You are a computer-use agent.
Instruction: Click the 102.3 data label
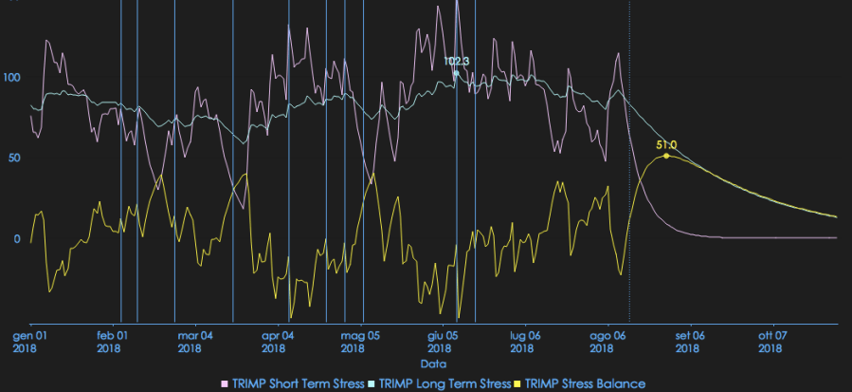457,61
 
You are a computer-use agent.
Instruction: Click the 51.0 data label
666,144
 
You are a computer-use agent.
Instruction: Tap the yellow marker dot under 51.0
666,155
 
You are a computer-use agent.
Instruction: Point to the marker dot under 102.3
456,73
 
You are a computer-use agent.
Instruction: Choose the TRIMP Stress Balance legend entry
579,383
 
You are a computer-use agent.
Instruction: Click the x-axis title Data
434,364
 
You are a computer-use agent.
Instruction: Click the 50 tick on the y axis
14,158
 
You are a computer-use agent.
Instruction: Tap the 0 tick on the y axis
17,238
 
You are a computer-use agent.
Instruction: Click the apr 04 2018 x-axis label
277,342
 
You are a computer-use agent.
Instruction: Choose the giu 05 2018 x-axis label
443,342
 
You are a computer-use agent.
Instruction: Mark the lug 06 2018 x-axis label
525,342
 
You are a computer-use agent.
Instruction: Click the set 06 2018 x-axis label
690,342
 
